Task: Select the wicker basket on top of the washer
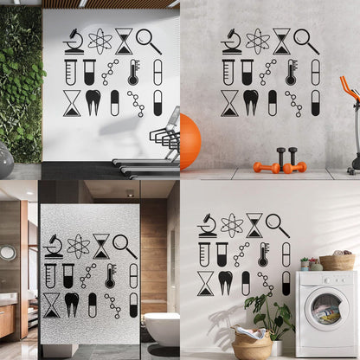tap(337, 261)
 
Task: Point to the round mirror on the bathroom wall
tap(8, 253)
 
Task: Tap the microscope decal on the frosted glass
tap(54, 245)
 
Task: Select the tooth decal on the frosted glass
tap(72, 304)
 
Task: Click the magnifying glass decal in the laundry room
tap(278, 225)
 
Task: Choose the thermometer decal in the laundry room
tap(263, 254)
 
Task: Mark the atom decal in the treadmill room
tap(100, 41)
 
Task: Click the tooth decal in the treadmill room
tap(93, 102)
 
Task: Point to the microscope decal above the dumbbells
tap(230, 41)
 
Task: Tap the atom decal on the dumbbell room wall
tap(257, 41)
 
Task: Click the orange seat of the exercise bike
tap(349, 87)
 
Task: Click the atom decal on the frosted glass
tap(78, 245)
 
